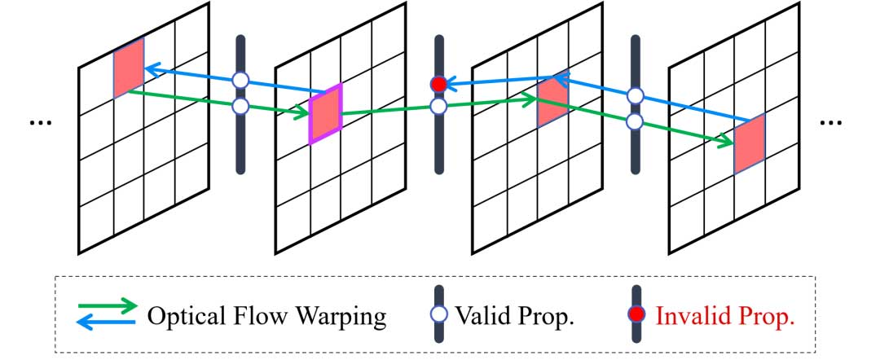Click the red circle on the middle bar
click(438, 84)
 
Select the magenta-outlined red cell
click(326, 113)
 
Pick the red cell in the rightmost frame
click(749, 144)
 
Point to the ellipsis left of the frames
click(38, 122)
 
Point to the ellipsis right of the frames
click(830, 122)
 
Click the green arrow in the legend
click(107, 306)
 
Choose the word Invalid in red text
click(686, 316)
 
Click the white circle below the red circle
click(438, 106)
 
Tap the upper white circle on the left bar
click(240, 80)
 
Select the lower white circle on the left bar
click(240, 107)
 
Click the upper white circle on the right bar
click(636, 97)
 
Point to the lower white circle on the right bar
click(636, 122)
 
